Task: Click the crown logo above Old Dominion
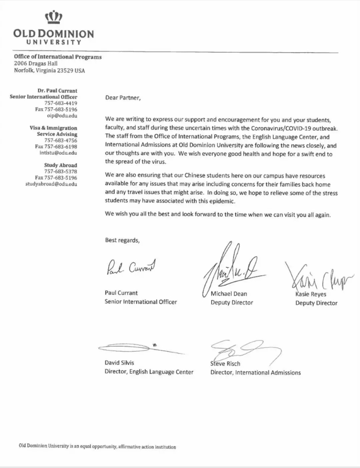(54, 17)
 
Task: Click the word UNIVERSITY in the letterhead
(54, 42)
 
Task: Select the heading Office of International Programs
(58, 57)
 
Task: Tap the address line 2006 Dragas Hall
(36, 63)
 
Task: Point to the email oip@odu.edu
(62, 116)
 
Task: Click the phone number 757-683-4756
(61, 140)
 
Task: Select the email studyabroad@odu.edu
(51, 184)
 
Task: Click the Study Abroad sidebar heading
(60, 165)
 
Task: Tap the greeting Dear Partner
(123, 98)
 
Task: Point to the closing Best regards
(122, 240)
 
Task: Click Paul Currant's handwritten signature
(131, 267)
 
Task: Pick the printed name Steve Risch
(225, 364)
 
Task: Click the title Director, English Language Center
(149, 372)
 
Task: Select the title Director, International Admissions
(255, 373)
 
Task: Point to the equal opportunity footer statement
(97, 446)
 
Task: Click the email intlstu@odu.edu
(58, 153)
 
